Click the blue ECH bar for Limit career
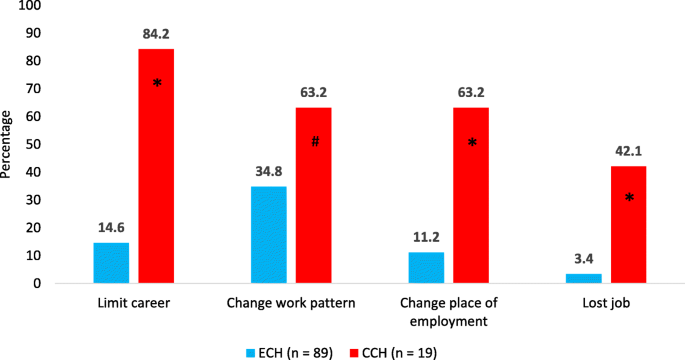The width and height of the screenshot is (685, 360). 111,263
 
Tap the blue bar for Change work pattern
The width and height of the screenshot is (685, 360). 270,235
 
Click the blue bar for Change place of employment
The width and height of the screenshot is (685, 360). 427,268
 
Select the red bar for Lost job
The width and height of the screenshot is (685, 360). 629,225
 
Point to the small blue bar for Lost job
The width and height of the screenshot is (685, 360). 584,278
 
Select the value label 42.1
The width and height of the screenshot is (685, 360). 629,153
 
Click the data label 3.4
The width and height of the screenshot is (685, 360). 584,261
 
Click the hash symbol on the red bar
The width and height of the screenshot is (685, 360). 314,142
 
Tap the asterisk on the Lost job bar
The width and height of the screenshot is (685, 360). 629,199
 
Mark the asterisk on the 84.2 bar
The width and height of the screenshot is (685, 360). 157,83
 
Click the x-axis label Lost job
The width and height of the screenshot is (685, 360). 606,302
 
